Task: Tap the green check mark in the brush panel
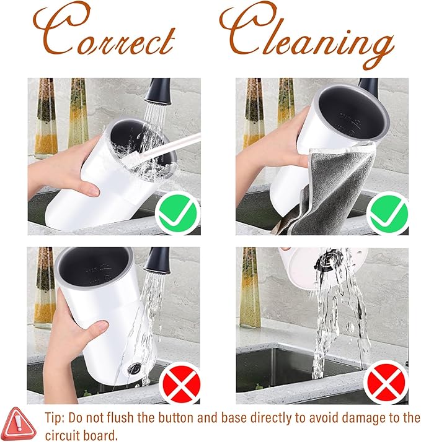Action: point(177,212)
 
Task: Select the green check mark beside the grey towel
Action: point(389,212)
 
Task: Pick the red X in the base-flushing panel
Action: point(386,383)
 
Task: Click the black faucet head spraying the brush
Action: point(157,92)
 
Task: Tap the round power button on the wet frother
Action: point(133,368)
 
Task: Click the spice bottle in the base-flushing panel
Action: point(250,287)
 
